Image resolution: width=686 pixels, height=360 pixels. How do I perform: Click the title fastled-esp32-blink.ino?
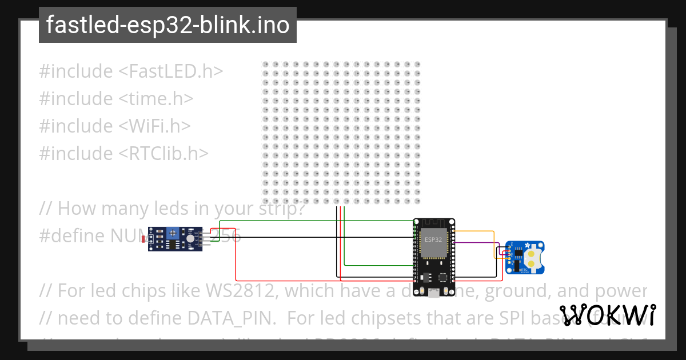click(x=167, y=25)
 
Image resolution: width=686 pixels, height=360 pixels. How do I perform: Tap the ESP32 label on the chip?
click(x=434, y=239)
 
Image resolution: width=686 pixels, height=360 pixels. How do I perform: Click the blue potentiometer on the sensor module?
click(x=171, y=233)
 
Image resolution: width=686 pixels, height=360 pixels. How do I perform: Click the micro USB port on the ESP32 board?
click(x=434, y=293)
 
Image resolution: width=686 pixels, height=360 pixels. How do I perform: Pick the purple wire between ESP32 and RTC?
click(x=474, y=242)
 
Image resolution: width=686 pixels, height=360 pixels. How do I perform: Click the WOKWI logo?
click(x=607, y=315)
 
